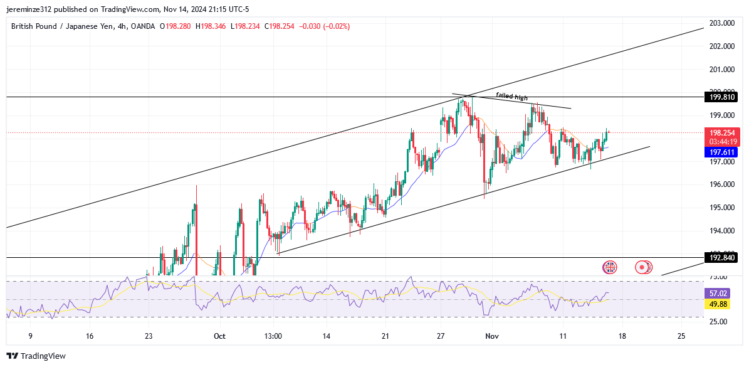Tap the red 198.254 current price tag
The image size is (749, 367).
click(722, 133)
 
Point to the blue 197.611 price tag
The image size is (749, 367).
click(722, 152)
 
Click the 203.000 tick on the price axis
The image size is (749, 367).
click(722, 23)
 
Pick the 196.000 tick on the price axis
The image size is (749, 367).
click(722, 184)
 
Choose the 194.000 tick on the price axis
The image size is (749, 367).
click(722, 231)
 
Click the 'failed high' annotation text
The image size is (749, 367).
click(512, 96)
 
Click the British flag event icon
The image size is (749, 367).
click(609, 267)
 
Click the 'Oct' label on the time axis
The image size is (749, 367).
click(219, 336)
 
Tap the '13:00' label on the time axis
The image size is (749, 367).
click(273, 336)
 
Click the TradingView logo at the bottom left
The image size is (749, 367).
click(38, 356)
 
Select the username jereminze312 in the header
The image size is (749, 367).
click(31, 9)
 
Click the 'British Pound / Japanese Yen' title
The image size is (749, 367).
click(61, 26)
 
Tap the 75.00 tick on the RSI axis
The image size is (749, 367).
click(718, 277)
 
